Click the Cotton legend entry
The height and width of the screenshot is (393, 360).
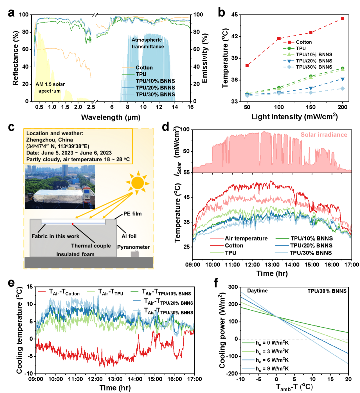144,68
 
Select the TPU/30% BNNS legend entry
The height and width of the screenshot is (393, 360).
155,95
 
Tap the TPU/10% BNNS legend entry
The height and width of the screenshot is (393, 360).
155,81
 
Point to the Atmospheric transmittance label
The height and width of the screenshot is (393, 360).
147,43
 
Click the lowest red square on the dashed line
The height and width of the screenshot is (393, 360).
247,66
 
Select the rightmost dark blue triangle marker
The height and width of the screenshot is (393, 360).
342,79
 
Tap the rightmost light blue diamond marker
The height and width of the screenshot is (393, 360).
342,88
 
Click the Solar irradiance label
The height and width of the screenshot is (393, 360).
324,135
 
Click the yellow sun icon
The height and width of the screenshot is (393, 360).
137,183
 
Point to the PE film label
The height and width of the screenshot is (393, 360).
132,214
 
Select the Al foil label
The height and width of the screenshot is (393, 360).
129,236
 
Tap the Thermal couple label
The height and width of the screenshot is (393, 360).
91,246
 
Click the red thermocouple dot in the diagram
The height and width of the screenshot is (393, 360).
72,224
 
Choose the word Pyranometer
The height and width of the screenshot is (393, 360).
133,247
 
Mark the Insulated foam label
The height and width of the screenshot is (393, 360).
75,254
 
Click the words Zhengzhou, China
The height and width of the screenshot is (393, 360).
49,140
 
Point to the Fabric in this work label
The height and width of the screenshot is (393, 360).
55,236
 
